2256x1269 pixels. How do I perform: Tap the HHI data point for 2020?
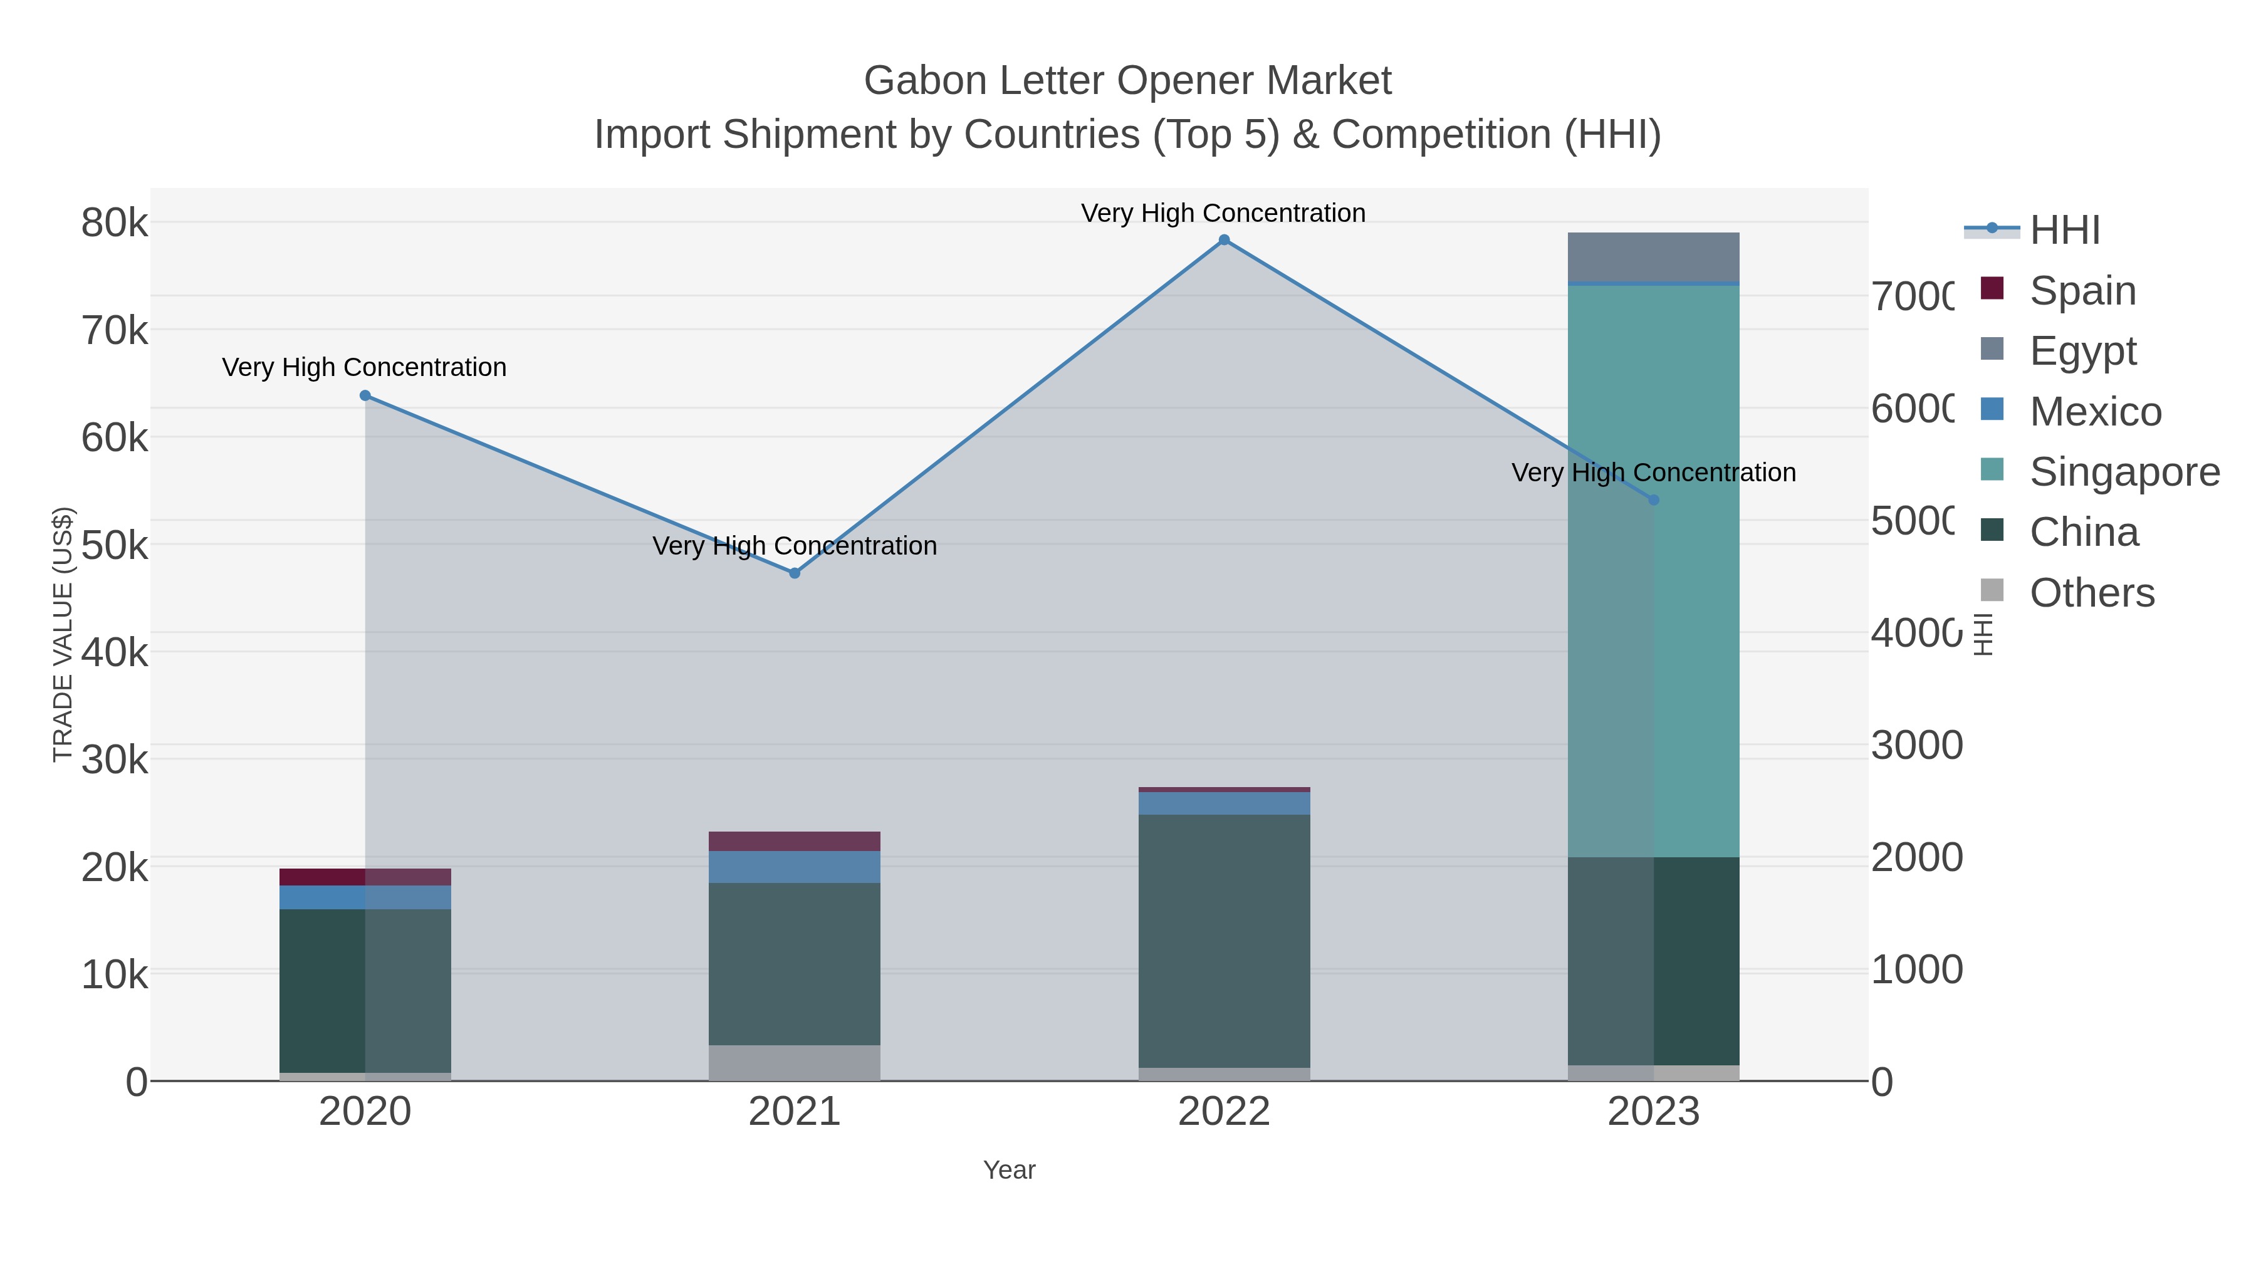click(365, 396)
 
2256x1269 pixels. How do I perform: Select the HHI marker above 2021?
click(795, 573)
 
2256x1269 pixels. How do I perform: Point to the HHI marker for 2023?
click(1654, 500)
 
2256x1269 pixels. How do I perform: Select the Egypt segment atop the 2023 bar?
click(1654, 258)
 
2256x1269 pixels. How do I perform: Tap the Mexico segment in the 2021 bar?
click(795, 867)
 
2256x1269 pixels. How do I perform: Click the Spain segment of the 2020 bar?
click(365, 877)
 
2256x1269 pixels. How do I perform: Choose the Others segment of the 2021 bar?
click(795, 1062)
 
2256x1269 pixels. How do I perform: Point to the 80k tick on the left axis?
click(115, 223)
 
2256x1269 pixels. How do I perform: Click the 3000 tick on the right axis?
click(1916, 745)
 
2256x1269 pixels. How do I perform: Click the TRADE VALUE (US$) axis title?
click(63, 634)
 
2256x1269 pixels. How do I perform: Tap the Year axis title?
click(1009, 1170)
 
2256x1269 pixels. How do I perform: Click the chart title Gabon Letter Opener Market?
click(1127, 81)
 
